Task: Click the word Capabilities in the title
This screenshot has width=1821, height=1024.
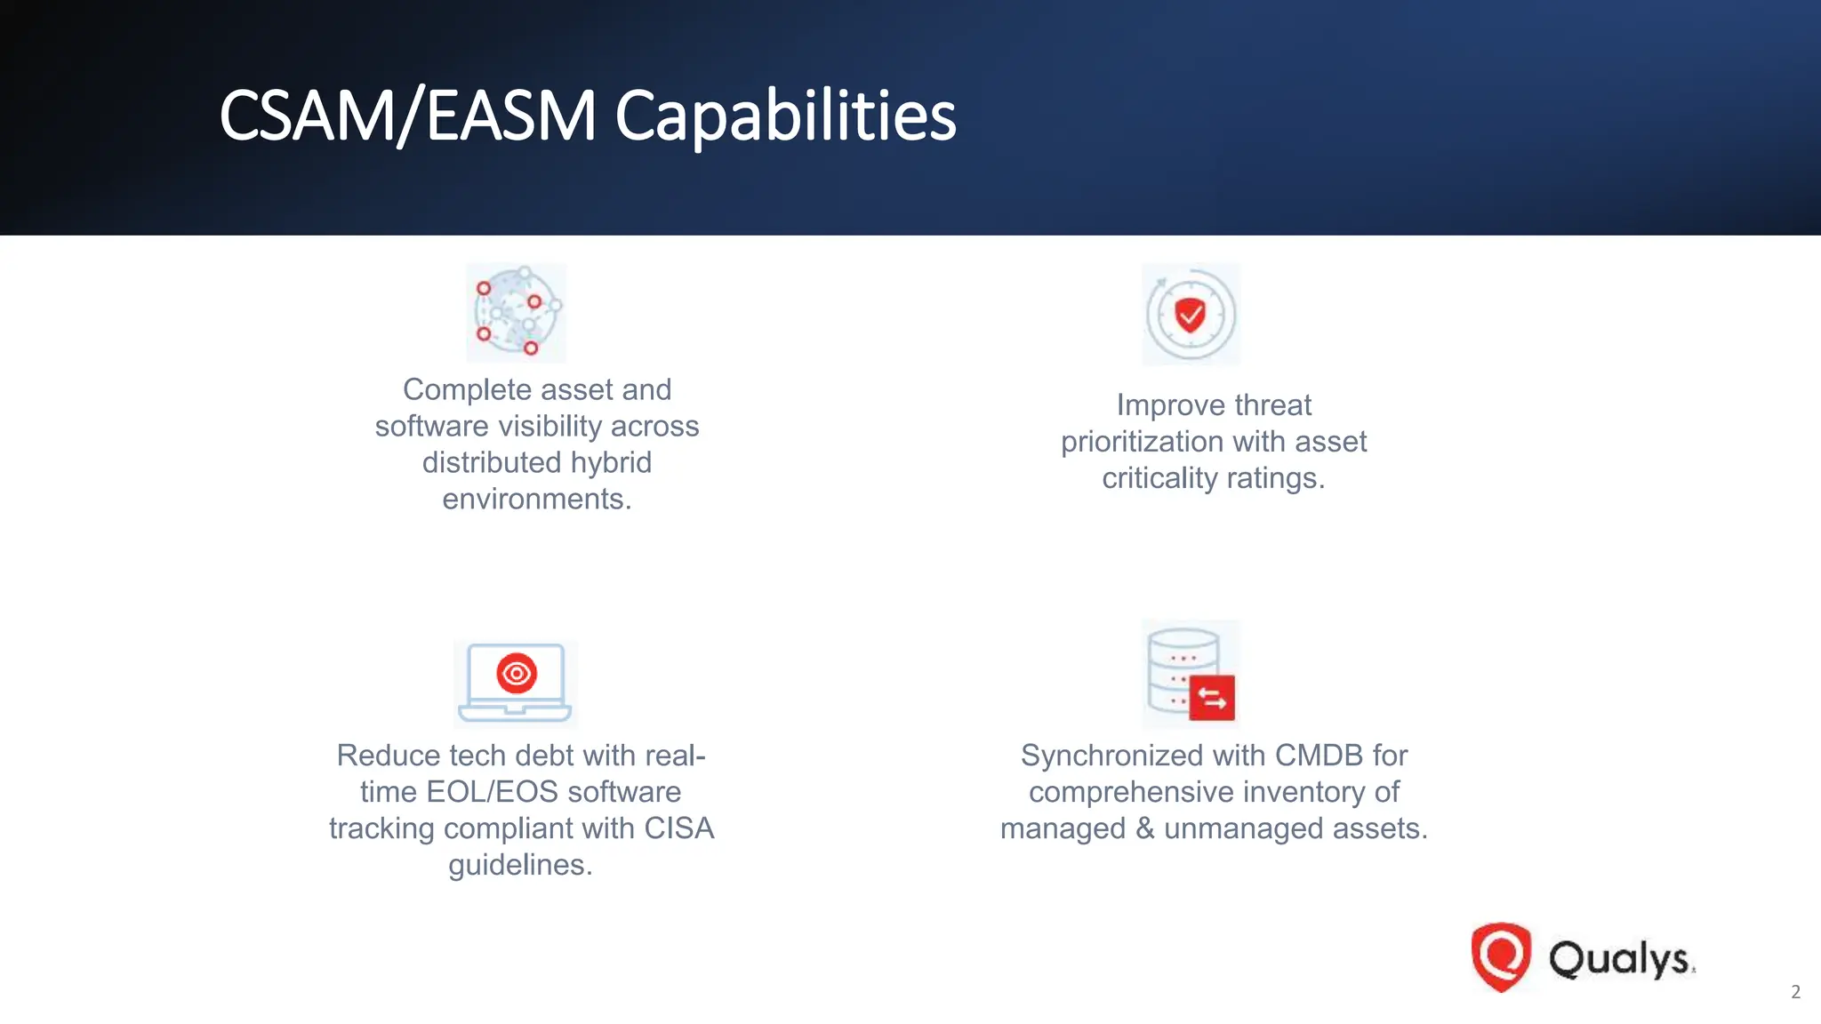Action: point(785,116)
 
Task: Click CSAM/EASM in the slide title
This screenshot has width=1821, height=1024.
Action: point(407,116)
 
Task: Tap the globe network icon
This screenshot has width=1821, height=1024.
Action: point(517,312)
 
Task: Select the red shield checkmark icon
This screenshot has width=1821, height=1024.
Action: point(1191,315)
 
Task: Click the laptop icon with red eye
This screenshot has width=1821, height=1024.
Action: point(515,683)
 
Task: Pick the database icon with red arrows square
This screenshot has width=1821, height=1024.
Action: point(1191,675)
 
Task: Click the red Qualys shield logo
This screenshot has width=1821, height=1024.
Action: point(1501,956)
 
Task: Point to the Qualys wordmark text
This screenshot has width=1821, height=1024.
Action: point(1621,959)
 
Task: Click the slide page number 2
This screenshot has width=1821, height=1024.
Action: point(1795,992)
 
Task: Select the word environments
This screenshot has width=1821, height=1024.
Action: point(536,500)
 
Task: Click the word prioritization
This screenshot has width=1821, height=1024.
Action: point(1154,442)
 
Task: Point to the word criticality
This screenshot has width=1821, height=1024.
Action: point(1159,478)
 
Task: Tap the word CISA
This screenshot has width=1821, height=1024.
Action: point(679,828)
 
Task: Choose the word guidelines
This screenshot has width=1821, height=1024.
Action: point(519,865)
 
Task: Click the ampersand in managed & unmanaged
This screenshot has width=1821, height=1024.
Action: point(1144,828)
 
